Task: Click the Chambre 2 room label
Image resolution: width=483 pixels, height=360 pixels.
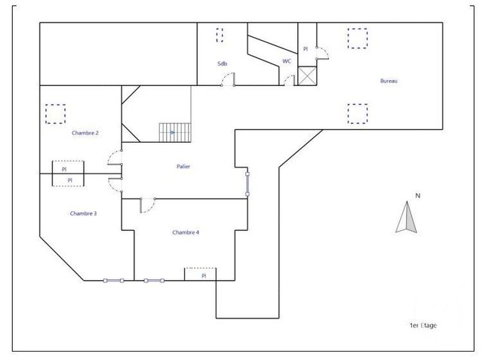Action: pyautogui.click(x=85, y=133)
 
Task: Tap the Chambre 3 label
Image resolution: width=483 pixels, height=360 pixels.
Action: pyautogui.click(x=83, y=214)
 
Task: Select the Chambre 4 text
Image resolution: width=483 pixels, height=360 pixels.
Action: pyautogui.click(x=186, y=232)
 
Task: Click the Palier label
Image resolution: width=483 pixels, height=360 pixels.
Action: pyautogui.click(x=183, y=167)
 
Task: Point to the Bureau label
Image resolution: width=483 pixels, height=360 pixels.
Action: pyautogui.click(x=389, y=80)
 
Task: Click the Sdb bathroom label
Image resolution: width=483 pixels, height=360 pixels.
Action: pyautogui.click(x=222, y=63)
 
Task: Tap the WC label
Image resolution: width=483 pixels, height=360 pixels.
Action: pyautogui.click(x=287, y=61)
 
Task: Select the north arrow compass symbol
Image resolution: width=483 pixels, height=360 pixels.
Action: pyautogui.click(x=407, y=218)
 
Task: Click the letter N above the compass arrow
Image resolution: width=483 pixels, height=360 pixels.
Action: pyautogui.click(x=407, y=195)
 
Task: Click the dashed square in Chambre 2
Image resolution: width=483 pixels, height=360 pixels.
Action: pyautogui.click(x=55, y=113)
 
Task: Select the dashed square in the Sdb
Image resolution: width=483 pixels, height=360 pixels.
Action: pyautogui.click(x=220, y=35)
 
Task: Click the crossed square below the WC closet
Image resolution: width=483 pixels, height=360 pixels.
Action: pyautogui.click(x=306, y=76)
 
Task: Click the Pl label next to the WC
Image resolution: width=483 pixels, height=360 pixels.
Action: pyautogui.click(x=306, y=48)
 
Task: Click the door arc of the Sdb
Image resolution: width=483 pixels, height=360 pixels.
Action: pyautogui.click(x=230, y=79)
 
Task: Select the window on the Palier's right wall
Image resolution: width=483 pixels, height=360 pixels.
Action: pyautogui.click(x=247, y=183)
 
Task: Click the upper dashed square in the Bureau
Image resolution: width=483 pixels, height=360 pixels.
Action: pyautogui.click(x=356, y=38)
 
